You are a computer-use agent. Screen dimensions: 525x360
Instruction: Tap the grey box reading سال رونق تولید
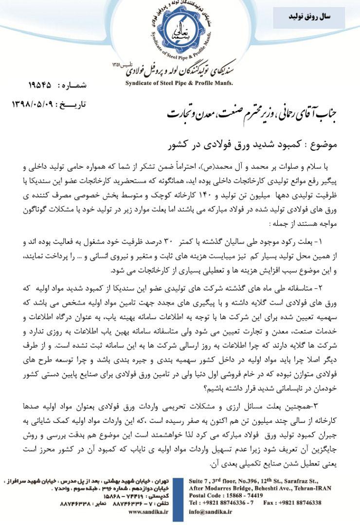click(x=309, y=17)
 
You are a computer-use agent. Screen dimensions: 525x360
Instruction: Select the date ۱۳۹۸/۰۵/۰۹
click(x=34, y=104)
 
